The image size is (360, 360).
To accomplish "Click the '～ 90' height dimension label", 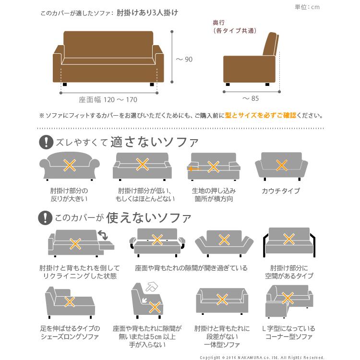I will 184,59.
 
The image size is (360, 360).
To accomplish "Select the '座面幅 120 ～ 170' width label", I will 108,100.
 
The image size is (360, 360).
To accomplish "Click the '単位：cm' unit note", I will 307,7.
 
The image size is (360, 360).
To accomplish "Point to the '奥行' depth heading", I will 219,23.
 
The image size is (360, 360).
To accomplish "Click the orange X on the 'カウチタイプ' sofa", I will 281,165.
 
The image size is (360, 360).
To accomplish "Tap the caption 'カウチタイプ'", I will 281,191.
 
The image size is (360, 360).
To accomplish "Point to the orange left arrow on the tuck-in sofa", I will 193,169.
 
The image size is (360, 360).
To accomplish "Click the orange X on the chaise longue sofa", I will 70,302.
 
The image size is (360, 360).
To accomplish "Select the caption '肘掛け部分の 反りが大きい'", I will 69,194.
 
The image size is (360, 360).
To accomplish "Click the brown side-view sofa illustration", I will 252,60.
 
